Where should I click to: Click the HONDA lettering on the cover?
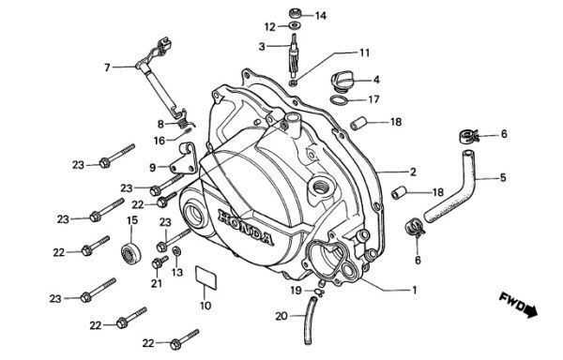246,227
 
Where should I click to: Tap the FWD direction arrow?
519,306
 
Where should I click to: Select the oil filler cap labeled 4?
342,82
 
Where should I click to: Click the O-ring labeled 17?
340,100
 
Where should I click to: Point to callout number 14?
321,16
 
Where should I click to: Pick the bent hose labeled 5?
450,186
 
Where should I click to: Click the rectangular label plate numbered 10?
206,277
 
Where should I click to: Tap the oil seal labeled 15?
130,254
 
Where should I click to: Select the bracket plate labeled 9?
184,159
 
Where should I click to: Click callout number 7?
107,67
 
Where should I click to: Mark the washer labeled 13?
176,250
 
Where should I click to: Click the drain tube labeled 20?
311,321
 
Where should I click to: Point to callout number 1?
415,290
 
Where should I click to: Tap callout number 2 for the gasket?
413,172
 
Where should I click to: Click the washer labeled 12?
295,25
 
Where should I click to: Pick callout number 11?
364,53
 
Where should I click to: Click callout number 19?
296,290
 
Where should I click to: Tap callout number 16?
160,141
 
